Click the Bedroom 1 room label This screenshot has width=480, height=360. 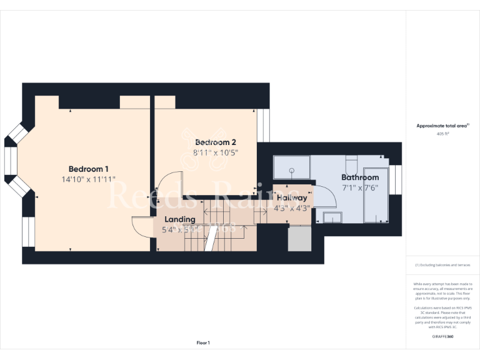pyautogui.click(x=88, y=169)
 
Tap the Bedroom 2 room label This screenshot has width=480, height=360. pyautogui.click(x=215, y=142)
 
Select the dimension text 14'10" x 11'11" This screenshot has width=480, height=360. pyautogui.click(x=88, y=180)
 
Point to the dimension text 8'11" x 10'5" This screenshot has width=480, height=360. pyautogui.click(x=216, y=152)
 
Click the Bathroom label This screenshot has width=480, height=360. pyautogui.click(x=359, y=177)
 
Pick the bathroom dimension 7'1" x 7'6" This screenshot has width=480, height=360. pyautogui.click(x=359, y=187)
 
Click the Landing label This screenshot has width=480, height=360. pyautogui.click(x=179, y=219)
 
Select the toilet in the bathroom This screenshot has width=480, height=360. pyautogui.click(x=351, y=165)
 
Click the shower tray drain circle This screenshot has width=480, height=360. pyautogui.click(x=292, y=169)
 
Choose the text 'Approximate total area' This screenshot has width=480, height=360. pyautogui.click(x=442, y=126)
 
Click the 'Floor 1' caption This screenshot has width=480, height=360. pyautogui.click(x=203, y=342)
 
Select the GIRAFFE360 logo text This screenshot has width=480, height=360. pyautogui.click(x=442, y=337)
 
